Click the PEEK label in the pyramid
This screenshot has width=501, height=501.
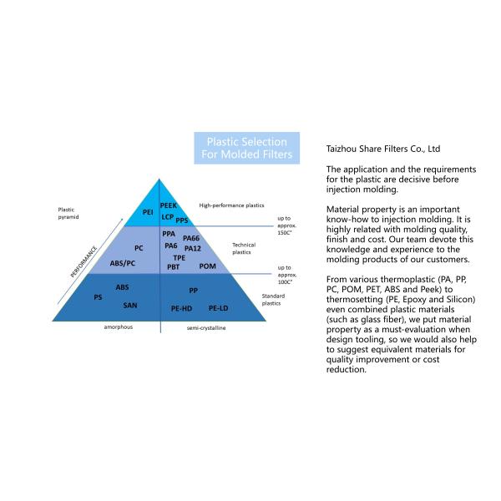click(x=168, y=205)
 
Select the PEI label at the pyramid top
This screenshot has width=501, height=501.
click(x=148, y=213)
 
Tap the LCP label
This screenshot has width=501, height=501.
click(x=166, y=216)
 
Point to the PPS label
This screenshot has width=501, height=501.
click(x=181, y=220)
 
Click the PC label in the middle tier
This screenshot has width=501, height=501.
click(x=139, y=248)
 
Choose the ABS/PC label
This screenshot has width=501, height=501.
click(x=123, y=263)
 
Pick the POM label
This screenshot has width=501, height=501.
click(x=207, y=266)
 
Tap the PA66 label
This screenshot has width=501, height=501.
click(x=191, y=239)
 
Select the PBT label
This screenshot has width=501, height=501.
click(x=173, y=267)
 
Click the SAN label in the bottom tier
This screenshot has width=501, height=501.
click(x=129, y=305)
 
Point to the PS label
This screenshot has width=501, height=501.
click(x=98, y=297)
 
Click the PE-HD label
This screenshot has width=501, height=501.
click(x=181, y=309)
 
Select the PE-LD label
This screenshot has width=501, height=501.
click(x=219, y=309)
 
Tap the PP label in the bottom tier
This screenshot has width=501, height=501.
click(x=193, y=291)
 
